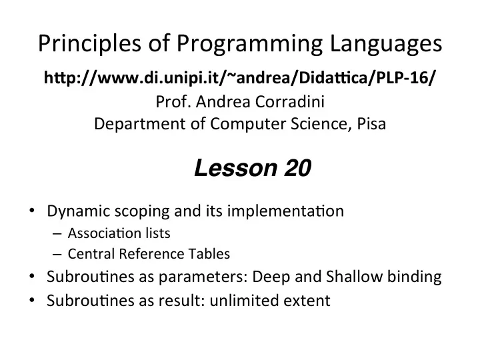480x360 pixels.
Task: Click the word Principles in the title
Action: [89, 43]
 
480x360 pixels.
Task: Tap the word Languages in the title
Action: [386, 43]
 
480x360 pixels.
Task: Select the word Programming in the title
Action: [249, 43]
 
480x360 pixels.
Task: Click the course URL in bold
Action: [239, 78]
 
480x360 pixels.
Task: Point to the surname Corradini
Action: [289, 101]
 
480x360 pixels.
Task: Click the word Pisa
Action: [371, 124]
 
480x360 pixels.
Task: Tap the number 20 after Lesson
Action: [297, 168]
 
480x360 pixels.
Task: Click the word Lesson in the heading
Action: [235, 168]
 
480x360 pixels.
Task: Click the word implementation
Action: [285, 211]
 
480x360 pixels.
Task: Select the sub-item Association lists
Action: [119, 233]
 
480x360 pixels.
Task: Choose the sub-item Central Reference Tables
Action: [149, 254]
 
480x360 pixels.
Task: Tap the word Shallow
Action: [354, 277]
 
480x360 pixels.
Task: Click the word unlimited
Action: [244, 300]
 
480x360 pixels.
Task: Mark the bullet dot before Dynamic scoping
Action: [32, 210]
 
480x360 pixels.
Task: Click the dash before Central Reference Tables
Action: [57, 255]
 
